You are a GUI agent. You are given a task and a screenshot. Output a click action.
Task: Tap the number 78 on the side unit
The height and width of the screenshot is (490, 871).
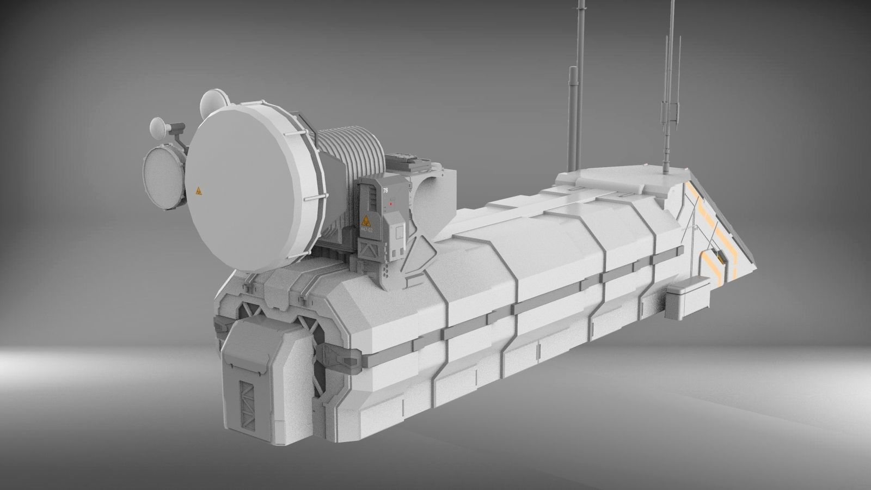coord(385,191)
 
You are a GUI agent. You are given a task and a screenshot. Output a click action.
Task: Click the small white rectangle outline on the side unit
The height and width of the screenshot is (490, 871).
coord(399,233)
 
